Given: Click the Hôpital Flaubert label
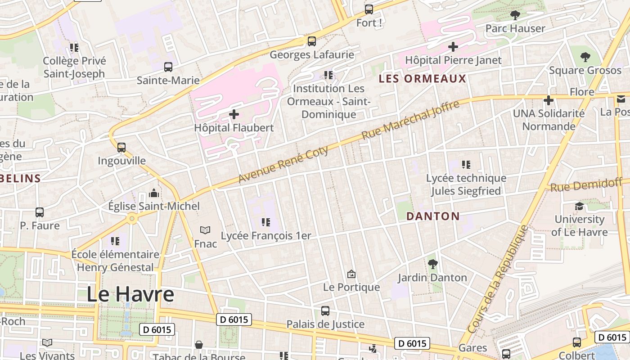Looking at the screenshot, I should tap(234, 128).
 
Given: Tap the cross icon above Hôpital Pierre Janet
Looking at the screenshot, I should tap(453, 46).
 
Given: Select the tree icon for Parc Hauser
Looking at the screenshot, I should tap(515, 15).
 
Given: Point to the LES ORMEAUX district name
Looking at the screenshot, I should tap(422, 79).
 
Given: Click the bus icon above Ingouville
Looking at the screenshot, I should tap(121, 147).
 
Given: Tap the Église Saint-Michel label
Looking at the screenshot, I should tap(153, 206).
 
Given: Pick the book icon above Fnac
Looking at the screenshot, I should tap(205, 230).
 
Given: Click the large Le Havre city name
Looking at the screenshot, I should tap(130, 294).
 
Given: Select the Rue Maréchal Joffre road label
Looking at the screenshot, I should tap(410, 120).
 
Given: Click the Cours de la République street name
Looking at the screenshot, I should tap(498, 279).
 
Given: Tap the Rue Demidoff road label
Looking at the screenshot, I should tap(586, 184).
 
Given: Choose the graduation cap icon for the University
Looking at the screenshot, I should tap(579, 206).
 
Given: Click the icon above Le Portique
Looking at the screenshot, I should tap(351, 274).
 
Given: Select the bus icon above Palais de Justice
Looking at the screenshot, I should tap(325, 310).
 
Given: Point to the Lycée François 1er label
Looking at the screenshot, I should tap(265, 236).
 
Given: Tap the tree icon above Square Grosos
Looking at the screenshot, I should tap(585, 57).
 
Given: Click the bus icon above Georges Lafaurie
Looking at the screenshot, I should tap(311, 41).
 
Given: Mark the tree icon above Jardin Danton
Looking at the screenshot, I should tap(432, 264).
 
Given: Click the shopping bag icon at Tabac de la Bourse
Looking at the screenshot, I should tap(199, 345).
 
